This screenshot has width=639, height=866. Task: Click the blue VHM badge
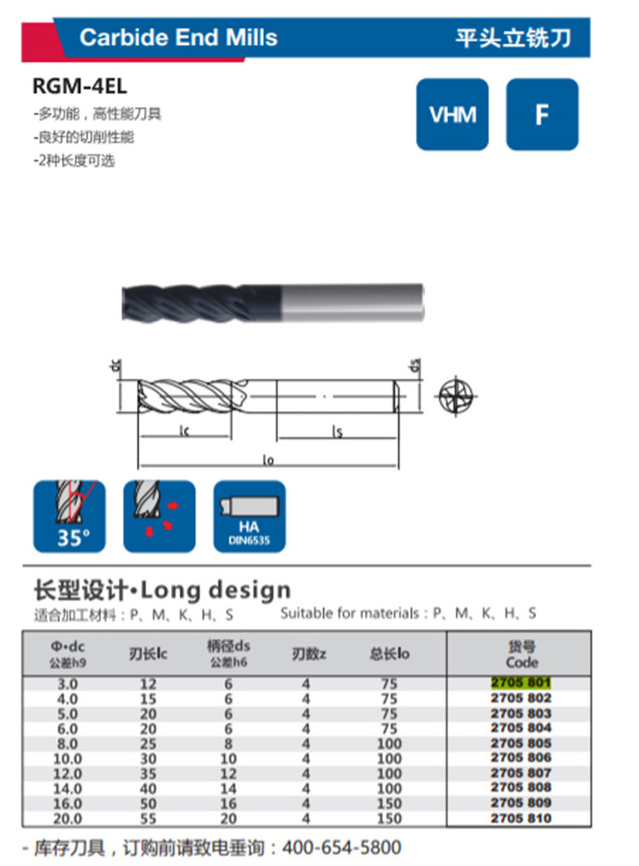452,114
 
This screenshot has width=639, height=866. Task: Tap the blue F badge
542,114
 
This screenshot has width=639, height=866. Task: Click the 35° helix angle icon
69,516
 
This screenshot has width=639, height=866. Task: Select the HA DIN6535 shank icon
250,516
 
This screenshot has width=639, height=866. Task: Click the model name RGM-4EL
79,86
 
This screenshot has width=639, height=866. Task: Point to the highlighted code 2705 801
521,683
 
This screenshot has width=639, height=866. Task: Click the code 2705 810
521,818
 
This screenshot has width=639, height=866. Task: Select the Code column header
521,655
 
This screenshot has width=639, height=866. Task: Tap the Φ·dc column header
67,654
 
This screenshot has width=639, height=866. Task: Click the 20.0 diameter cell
67,818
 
